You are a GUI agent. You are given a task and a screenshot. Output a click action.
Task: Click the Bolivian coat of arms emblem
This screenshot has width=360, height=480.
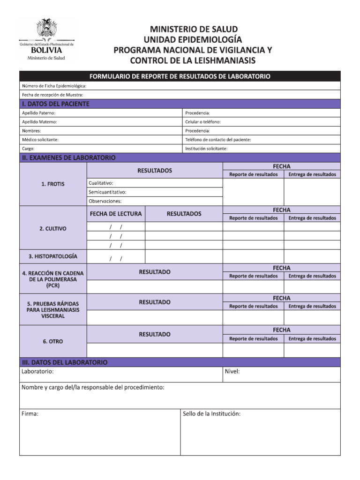pyautogui.click(x=46, y=29)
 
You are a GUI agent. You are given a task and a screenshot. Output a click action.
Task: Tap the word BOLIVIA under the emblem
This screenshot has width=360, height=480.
pyautogui.click(x=46, y=50)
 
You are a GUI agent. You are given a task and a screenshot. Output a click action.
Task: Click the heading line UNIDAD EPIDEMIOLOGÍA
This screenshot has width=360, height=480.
pyautogui.click(x=193, y=39)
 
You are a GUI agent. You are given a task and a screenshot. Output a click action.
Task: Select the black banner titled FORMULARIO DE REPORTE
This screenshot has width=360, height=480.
pyautogui.click(x=180, y=76)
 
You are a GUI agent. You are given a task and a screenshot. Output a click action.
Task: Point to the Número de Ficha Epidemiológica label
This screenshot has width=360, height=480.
pyautogui.click(x=54, y=86)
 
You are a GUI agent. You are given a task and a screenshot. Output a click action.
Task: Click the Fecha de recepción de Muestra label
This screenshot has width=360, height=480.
pyautogui.click(x=52, y=95)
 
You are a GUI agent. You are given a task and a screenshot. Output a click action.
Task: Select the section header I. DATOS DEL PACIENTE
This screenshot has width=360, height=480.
pyautogui.click(x=55, y=104)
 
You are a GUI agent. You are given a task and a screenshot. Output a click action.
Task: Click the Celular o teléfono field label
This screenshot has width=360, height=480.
pyautogui.click(x=203, y=122)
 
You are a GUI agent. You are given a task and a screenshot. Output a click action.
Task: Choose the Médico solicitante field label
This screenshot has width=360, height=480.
pyautogui.click(x=40, y=140)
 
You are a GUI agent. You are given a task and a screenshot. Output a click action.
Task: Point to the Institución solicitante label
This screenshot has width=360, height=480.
pyautogui.click(x=206, y=149)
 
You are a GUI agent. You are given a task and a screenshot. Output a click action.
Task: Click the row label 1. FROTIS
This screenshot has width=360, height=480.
pyautogui.click(x=53, y=184)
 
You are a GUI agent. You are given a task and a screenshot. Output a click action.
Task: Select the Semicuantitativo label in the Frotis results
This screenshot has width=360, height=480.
pyautogui.click(x=107, y=192)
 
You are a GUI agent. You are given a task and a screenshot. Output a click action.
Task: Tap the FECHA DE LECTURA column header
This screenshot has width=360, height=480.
pyautogui.click(x=116, y=214)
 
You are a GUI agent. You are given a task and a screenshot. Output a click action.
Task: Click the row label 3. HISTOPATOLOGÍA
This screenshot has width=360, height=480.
pyautogui.click(x=53, y=256)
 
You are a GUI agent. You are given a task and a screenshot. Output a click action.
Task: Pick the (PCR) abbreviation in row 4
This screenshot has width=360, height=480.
pyautogui.click(x=53, y=285)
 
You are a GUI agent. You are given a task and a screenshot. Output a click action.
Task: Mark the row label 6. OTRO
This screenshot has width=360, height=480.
pyautogui.click(x=53, y=342)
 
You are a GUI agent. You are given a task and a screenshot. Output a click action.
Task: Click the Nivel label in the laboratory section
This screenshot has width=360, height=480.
pyautogui.click(x=232, y=372)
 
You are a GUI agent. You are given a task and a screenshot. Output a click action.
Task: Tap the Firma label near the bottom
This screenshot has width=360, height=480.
pyautogui.click(x=30, y=414)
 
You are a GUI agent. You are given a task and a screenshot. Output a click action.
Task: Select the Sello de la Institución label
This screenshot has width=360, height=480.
pyautogui.click(x=211, y=414)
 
